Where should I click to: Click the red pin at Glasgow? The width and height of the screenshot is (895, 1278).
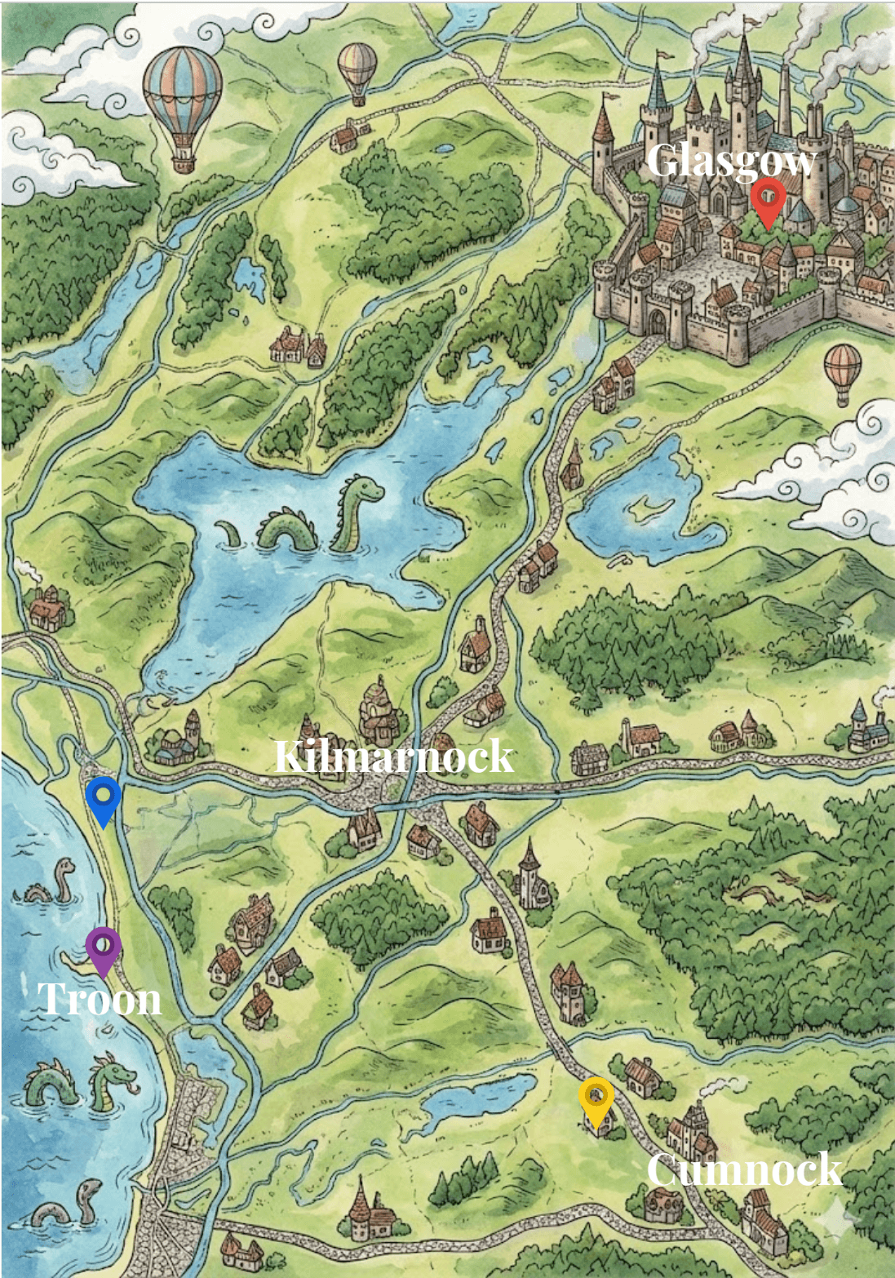[x=768, y=198]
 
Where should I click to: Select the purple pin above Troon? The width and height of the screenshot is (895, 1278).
[x=104, y=947]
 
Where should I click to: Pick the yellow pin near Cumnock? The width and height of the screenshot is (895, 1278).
[x=596, y=1097]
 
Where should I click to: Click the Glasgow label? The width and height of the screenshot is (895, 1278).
[x=731, y=162]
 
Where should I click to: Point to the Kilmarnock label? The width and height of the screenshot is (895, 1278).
[x=393, y=757]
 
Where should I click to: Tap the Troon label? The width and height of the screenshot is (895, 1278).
[x=100, y=999]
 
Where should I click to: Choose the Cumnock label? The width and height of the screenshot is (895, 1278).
[x=743, y=1169]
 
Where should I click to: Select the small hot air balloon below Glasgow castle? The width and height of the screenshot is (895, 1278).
[x=842, y=371]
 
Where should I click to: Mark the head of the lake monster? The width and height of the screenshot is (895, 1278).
[x=364, y=489]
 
